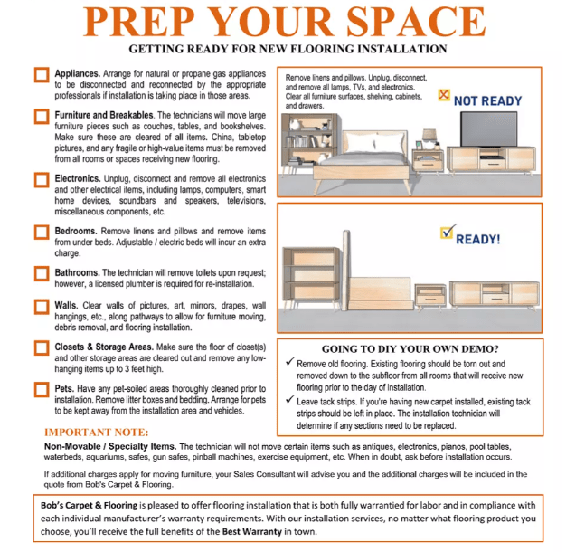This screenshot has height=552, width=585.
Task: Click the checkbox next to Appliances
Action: pyautogui.click(x=42, y=76)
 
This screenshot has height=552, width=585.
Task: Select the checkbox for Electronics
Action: pyautogui.click(x=42, y=179)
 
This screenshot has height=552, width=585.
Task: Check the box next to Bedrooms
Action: pyautogui.click(x=42, y=233)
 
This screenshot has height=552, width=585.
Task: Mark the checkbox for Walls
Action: pyautogui.click(x=42, y=308)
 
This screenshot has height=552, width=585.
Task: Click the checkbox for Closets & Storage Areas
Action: pyautogui.click(x=42, y=349)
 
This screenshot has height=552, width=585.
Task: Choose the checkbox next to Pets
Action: pyautogui.click(x=42, y=389)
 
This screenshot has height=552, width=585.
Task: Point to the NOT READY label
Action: pyautogui.click(x=487, y=100)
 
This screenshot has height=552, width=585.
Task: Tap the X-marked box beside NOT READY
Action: pyautogui.click(x=442, y=93)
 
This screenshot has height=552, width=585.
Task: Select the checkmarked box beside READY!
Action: pyautogui.click(x=446, y=234)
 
